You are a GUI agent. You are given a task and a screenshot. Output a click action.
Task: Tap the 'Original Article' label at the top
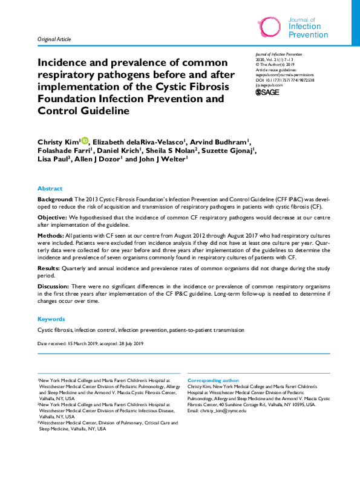click(x=54, y=39)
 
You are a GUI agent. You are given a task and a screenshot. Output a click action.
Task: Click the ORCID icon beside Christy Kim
click(x=84, y=141)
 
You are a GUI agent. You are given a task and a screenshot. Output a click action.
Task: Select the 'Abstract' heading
click(x=50, y=189)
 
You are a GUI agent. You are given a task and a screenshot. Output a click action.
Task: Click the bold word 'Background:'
click(x=55, y=199)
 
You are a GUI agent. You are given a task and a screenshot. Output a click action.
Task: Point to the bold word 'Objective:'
click(x=53, y=216)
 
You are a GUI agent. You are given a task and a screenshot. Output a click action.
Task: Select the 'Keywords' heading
click(x=51, y=319)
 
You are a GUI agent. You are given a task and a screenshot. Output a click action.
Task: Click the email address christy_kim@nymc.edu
click(x=224, y=410)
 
